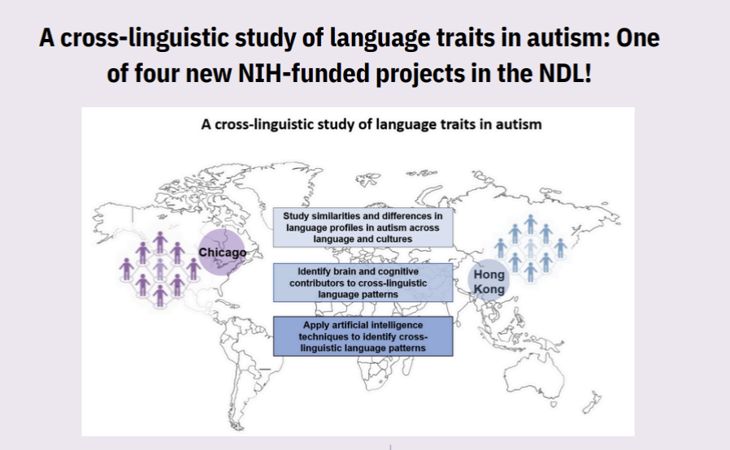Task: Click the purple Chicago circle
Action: point(222,253)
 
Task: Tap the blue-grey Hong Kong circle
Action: point(489,280)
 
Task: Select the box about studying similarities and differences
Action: point(363,227)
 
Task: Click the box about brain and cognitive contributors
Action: point(363,283)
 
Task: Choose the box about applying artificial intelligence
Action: point(363,336)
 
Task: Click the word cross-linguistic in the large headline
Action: point(145,38)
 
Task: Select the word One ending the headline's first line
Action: point(638,37)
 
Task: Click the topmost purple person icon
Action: point(159,242)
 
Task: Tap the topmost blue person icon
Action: point(530,224)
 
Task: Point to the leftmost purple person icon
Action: point(126,270)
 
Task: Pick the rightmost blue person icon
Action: point(560,248)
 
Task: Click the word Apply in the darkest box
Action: point(316,325)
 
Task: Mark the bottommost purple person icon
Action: point(159,296)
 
